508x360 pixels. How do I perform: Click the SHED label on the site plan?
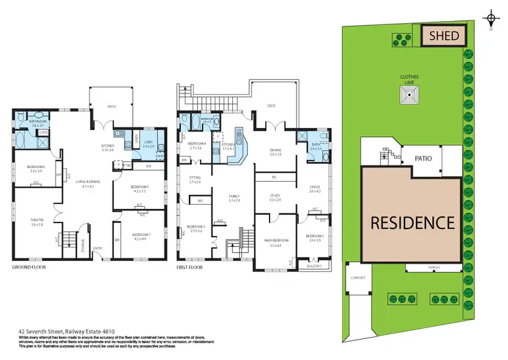coord(444,36)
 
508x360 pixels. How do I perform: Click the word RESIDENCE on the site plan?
coord(411,222)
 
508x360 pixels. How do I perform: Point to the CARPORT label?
coord(357,277)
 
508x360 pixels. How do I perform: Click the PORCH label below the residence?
coord(434,267)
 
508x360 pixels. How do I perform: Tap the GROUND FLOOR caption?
coord(29,268)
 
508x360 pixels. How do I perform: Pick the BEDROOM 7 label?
coord(140,235)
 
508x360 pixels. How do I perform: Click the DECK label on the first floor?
coord(272,105)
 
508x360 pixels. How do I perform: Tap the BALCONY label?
coord(312,266)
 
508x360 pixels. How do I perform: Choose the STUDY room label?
coord(274,197)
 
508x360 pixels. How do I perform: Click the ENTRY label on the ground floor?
coord(98,248)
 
